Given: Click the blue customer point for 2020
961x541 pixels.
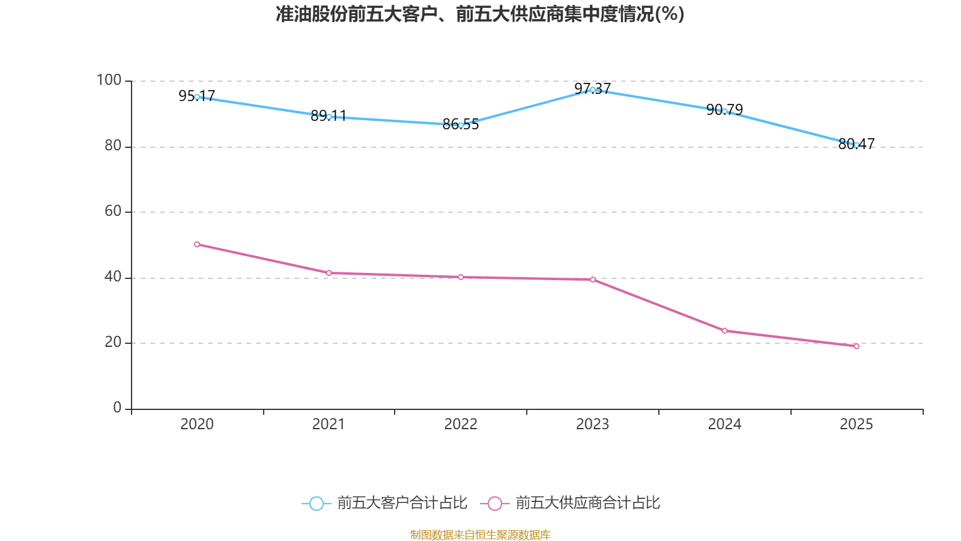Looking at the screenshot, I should click(197, 97).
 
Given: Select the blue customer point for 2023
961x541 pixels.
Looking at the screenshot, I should click(592, 90).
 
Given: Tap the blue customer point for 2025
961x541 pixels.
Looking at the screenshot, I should click(856, 145).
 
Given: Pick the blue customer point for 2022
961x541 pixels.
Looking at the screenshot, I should click(461, 125).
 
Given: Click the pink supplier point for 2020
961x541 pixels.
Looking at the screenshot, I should click(197, 244).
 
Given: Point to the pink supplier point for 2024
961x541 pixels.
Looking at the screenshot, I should click(724, 331).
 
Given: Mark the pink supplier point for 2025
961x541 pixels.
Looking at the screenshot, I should click(856, 346).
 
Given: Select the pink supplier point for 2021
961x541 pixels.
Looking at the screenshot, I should click(329, 273).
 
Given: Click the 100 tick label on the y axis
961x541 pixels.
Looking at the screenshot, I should click(109, 80).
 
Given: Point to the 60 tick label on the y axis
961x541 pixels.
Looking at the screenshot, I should click(113, 211).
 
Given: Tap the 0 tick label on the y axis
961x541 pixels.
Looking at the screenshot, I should click(117, 408).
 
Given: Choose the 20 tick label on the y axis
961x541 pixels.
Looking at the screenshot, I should click(113, 342).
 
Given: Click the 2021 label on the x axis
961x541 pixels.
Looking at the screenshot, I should click(329, 424).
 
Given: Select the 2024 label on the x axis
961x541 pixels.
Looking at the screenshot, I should click(724, 424).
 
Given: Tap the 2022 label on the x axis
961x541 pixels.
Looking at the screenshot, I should click(461, 424).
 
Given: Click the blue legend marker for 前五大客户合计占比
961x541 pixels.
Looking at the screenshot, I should click(316, 503).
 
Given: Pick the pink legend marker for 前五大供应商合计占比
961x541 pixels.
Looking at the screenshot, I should click(494, 503).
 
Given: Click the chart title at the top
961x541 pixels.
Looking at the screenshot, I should click(480, 14).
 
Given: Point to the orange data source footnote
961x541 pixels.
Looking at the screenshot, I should click(480, 534).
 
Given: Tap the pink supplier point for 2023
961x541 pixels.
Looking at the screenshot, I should click(592, 280).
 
